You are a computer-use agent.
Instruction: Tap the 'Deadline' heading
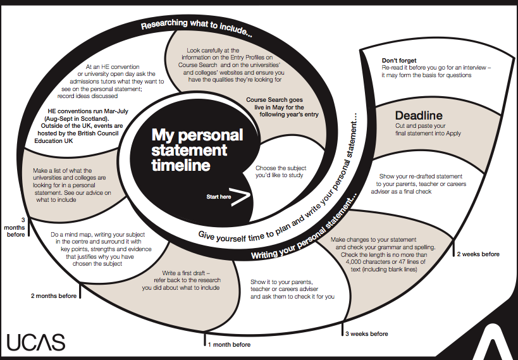coord(419,116)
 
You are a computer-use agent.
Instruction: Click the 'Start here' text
coord(219,197)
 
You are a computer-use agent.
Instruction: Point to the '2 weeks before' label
coord(478,254)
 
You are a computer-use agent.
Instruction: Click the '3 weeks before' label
coord(366,333)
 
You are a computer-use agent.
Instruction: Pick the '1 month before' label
coord(229,345)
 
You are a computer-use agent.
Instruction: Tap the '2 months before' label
coord(54,295)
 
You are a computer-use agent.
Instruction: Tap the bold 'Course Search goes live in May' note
coord(282,107)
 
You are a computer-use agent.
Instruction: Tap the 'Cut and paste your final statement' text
coord(419,129)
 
